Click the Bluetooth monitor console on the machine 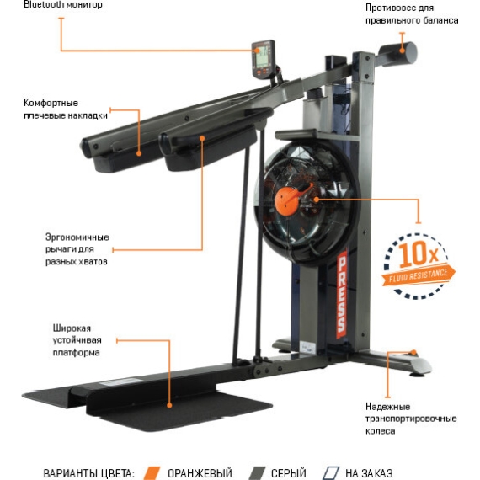[x=264, y=60]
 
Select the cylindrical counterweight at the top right [x=398, y=54]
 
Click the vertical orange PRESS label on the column [x=341, y=295]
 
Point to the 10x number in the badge [x=419, y=253]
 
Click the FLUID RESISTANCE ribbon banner [x=419, y=275]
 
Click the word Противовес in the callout [x=388, y=8]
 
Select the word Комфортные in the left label [x=51, y=103]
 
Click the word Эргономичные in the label [x=77, y=237]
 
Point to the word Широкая [x=72, y=328]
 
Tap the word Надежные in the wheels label [x=387, y=407]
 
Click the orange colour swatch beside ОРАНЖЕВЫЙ [x=152, y=473]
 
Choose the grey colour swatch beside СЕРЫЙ [x=257, y=473]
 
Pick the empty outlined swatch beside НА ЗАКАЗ [x=330, y=473]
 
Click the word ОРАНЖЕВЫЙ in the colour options [x=200, y=473]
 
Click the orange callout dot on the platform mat [x=169, y=406]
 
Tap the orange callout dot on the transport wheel [x=413, y=352]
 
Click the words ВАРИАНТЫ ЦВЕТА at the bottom [x=88, y=473]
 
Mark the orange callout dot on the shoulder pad [x=139, y=153]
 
